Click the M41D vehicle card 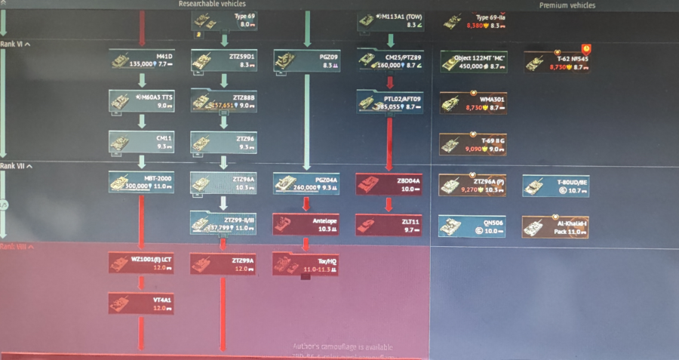pos(142,60)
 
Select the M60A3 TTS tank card pos(142,101)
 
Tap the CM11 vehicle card pos(142,142)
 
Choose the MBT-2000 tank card pos(142,183)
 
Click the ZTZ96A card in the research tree pos(223,183)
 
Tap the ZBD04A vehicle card pos(389,183)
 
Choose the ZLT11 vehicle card pos(389,223)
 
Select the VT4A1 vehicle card pos(142,303)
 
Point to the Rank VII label pos(15,166)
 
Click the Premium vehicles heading pos(567,5)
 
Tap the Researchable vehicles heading pos(212,4)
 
